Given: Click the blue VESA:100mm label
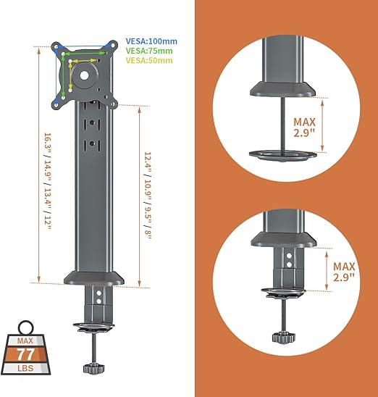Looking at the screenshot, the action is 151,41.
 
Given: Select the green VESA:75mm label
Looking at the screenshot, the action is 149,51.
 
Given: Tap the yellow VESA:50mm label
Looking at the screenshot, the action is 149,61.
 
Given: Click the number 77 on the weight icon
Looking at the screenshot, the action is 25,354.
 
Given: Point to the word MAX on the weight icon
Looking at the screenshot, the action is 25,340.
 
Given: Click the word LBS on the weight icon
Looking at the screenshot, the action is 25,368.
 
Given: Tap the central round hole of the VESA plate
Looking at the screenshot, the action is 84,75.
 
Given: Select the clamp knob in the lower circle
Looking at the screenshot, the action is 284,338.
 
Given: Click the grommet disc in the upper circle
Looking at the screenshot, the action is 282,156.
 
